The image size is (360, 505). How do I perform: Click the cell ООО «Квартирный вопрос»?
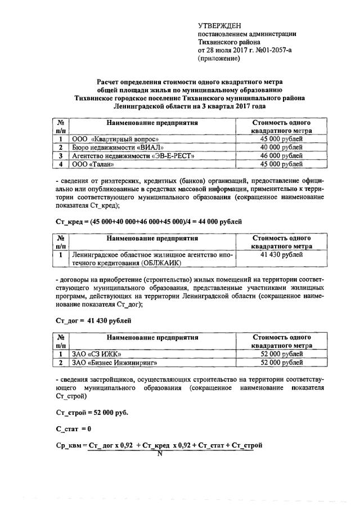[x=110, y=138]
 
